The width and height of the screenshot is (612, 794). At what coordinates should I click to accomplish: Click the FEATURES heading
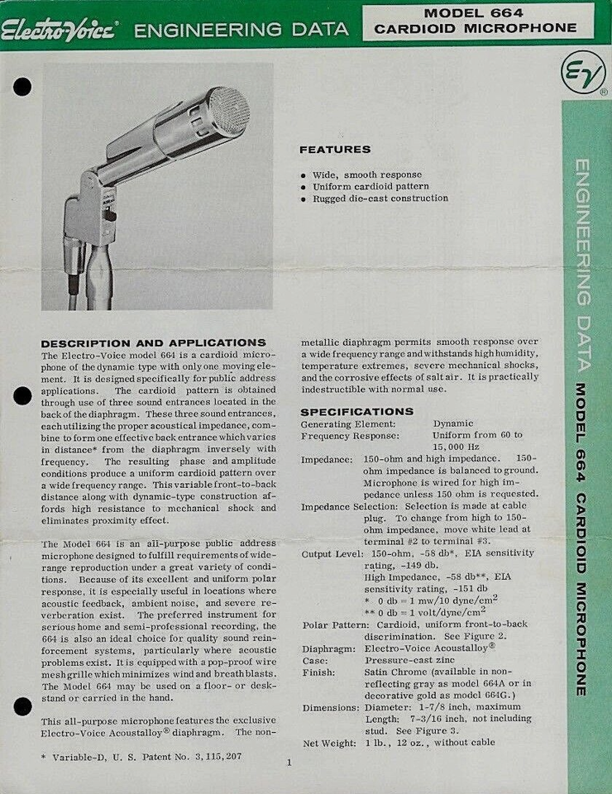coord(334,150)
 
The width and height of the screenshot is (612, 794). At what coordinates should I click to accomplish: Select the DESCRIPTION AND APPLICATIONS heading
coord(154,342)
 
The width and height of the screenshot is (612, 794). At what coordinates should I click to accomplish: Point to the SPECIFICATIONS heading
coord(356,411)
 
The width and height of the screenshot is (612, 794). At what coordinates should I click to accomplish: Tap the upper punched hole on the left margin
coord(22,87)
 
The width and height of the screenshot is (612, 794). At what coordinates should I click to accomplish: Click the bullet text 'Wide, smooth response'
coord(366,175)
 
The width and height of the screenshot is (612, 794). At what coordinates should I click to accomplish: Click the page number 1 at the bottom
coord(289,762)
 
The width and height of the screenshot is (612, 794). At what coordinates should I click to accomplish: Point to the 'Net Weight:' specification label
coord(330,742)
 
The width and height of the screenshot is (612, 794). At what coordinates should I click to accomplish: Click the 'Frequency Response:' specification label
coord(349,435)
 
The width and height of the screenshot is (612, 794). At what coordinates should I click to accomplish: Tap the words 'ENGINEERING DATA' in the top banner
coord(241,31)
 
